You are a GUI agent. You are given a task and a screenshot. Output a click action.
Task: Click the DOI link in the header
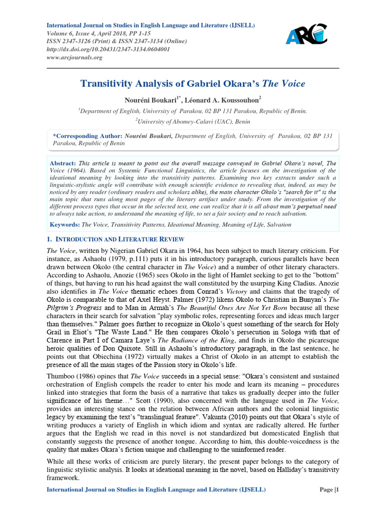108,49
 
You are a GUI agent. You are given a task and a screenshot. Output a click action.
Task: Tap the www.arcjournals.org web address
74,57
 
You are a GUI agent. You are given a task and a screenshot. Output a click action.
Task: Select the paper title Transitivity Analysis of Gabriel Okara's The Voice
192,83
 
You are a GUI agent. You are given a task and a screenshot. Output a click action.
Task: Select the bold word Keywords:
65,224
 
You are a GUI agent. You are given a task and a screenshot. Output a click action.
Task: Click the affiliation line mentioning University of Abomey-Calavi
192,121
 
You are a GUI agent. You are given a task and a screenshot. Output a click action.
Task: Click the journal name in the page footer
156,489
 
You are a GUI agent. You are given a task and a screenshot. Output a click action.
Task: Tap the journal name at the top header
151,25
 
